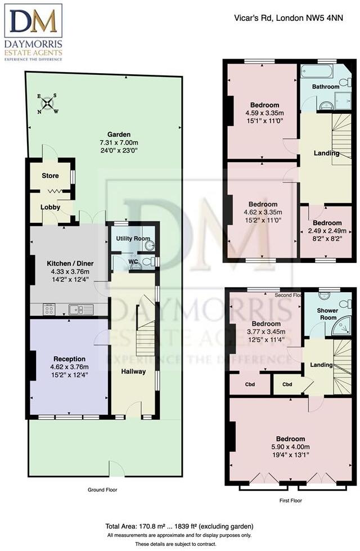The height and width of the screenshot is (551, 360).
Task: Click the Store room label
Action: point(50,176)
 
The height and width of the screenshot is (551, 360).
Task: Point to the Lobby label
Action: point(50,207)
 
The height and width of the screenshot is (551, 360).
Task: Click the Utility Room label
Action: point(133,239)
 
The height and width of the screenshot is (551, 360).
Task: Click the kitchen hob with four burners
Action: point(49,308)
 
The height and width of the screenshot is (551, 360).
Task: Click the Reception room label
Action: point(69,359)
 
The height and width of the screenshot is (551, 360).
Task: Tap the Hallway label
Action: point(133,371)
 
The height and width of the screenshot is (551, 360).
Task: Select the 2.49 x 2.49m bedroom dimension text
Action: point(327,230)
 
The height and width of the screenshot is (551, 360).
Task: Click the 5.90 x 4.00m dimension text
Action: point(290,447)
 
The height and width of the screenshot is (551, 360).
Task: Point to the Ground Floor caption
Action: point(102,490)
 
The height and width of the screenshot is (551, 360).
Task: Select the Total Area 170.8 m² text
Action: point(180,526)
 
